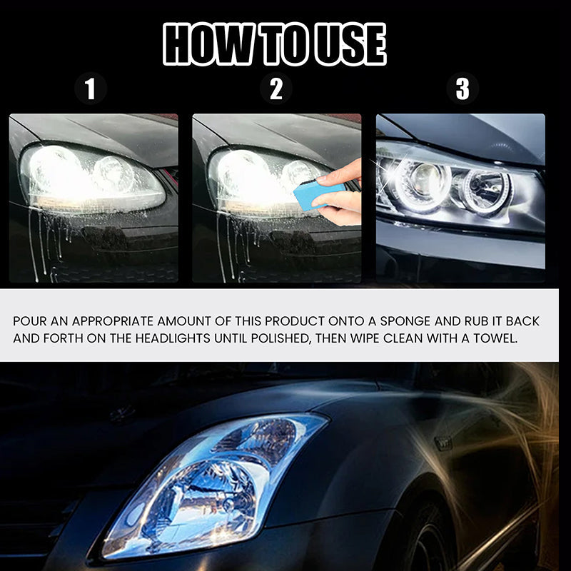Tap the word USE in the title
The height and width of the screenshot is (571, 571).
(350, 44)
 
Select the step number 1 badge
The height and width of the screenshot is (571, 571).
(91, 89)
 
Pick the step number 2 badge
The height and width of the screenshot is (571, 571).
(276, 89)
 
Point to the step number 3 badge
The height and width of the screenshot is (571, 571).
(463, 89)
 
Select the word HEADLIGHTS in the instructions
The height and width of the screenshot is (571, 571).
(173, 338)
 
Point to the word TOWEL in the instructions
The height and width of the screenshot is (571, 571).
(495, 338)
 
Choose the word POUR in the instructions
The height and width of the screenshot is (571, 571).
(30, 321)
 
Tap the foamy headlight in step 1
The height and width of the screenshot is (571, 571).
(92, 178)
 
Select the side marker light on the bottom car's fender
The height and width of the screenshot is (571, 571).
(443, 443)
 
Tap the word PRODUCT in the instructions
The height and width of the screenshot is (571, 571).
(295, 321)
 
